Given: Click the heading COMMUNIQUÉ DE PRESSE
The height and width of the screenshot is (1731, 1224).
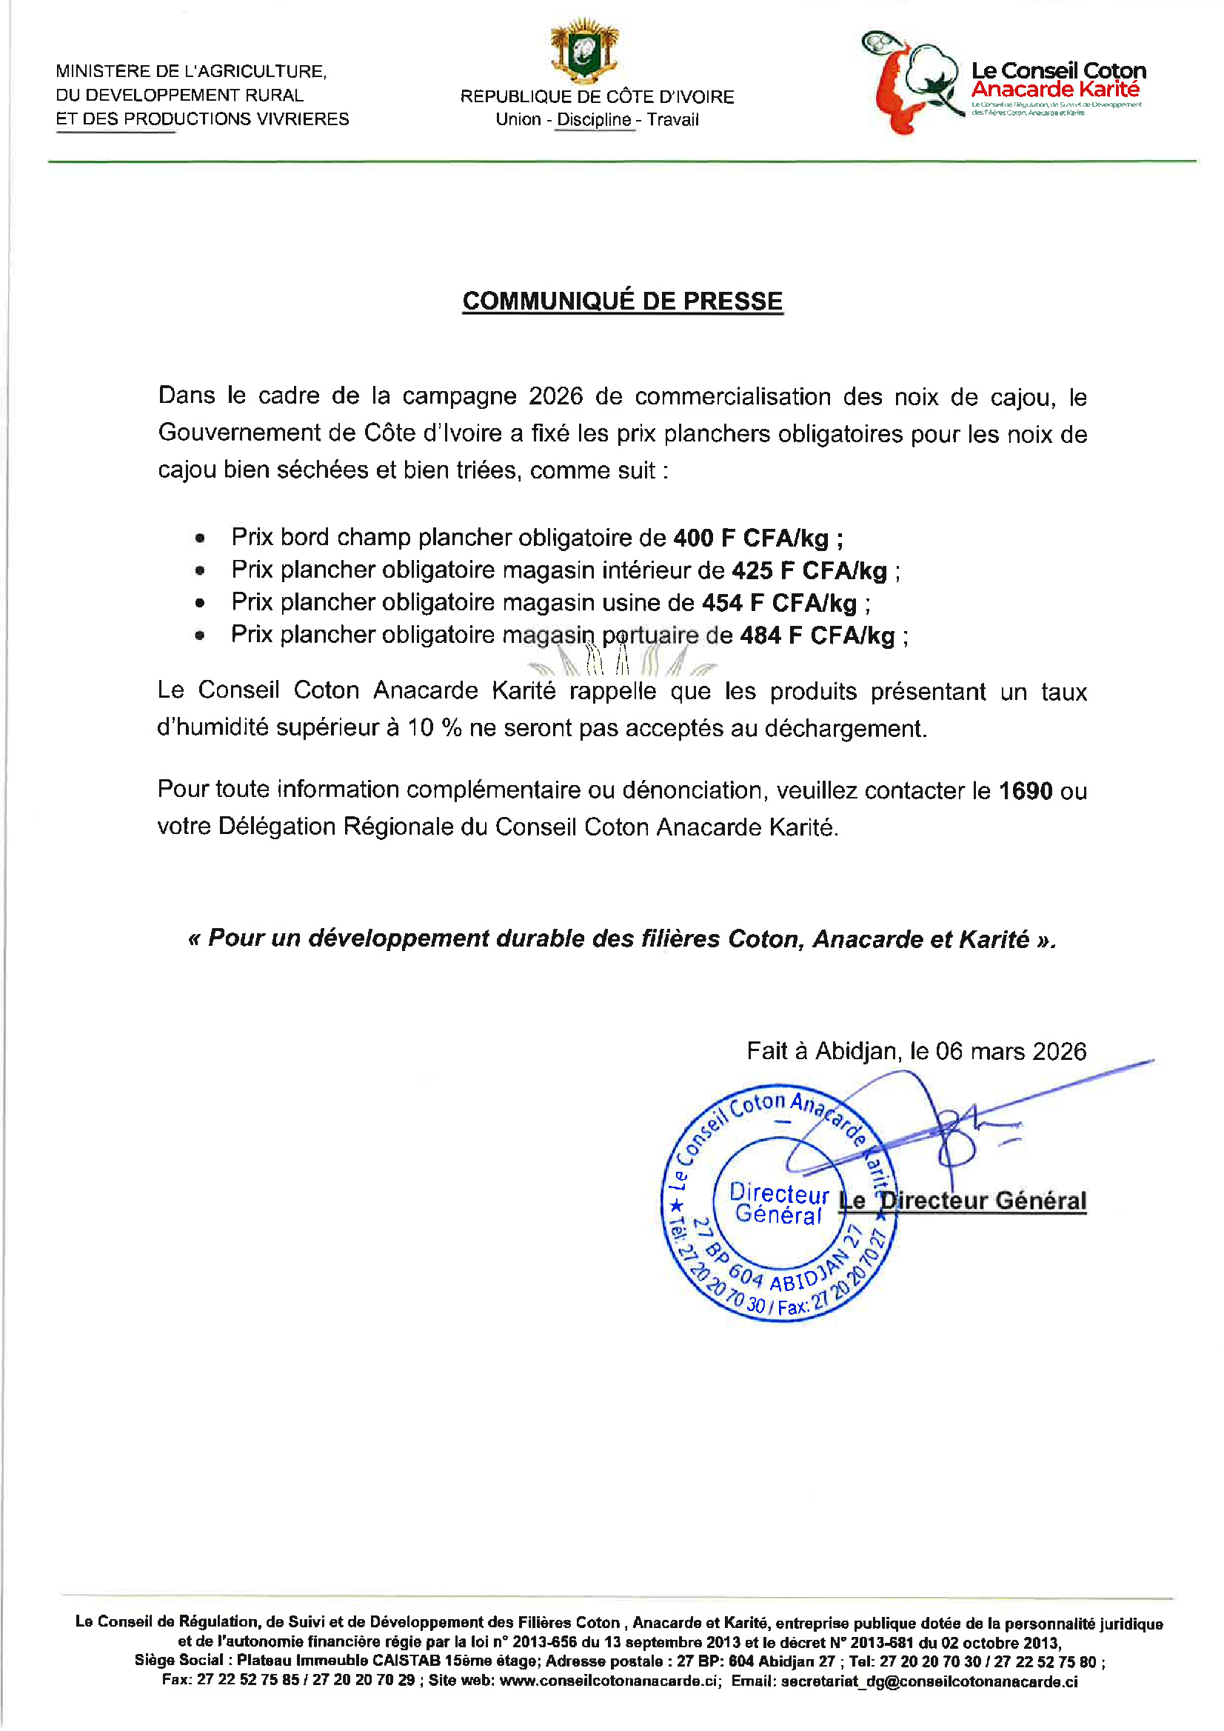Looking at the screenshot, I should click(622, 301).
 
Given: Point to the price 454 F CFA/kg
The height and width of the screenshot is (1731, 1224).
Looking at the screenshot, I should click(779, 602).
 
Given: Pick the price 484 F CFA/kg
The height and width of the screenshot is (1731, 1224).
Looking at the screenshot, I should click(817, 635).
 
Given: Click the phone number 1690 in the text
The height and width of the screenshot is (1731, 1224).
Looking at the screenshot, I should click(1025, 790).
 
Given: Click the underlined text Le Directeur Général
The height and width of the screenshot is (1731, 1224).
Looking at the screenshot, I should click(963, 1200).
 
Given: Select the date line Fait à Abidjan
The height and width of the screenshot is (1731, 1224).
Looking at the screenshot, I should click(916, 1050).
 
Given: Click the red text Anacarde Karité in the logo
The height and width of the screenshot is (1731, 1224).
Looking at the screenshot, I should click(1055, 90).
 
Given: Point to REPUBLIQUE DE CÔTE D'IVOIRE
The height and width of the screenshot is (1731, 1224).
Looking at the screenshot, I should click(597, 96).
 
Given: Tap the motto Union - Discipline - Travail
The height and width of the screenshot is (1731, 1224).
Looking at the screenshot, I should click(597, 119).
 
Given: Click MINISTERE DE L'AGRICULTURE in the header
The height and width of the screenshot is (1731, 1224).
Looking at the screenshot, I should click(191, 71).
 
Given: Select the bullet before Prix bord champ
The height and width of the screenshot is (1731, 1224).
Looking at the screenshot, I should click(200, 538).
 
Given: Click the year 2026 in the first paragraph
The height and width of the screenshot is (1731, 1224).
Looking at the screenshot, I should click(555, 396).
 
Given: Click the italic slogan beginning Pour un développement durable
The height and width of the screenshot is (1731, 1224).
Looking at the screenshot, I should click(622, 938).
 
